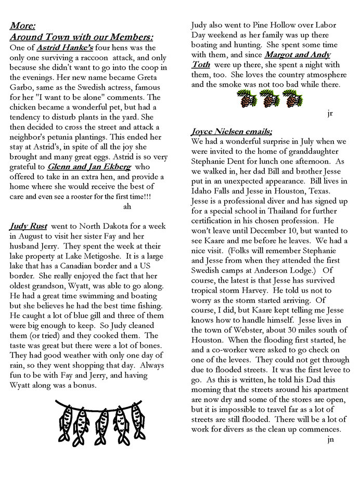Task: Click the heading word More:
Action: coord(22,25)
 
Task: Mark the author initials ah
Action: coord(127,206)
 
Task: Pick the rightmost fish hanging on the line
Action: coord(137,416)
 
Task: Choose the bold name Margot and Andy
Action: coord(297,54)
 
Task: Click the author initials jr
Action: coord(330,113)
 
